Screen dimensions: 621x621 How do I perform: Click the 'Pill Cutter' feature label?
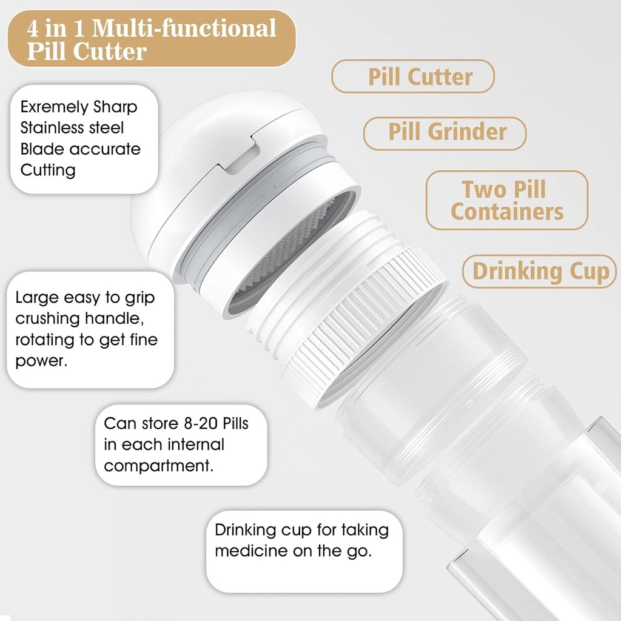pyautogui.click(x=420, y=77)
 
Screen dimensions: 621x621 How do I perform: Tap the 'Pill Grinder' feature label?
pyautogui.click(x=448, y=132)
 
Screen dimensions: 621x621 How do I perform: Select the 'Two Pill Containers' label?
pyautogui.click(x=507, y=200)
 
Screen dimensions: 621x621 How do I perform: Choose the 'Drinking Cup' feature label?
pyautogui.click(x=540, y=271)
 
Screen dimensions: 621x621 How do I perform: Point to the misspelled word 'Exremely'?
pyautogui.click(x=54, y=107)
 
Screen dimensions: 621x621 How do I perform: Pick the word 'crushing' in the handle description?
pyautogui.click(x=46, y=318)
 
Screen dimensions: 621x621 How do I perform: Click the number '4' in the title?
pyautogui.click(x=33, y=29)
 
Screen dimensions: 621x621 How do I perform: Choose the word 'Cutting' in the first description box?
pyautogui.click(x=48, y=170)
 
